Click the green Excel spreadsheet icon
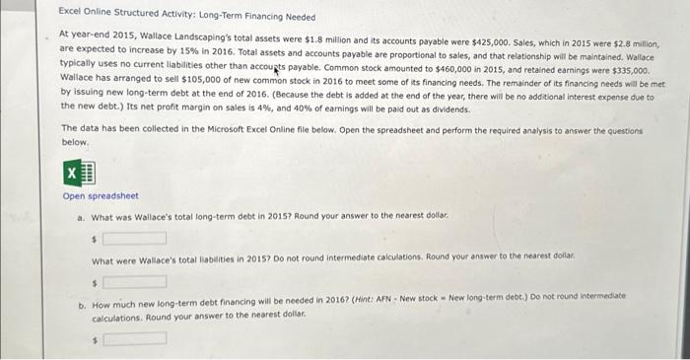[x=78, y=174]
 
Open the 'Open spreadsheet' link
[x=101, y=195]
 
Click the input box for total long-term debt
[x=135, y=238]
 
